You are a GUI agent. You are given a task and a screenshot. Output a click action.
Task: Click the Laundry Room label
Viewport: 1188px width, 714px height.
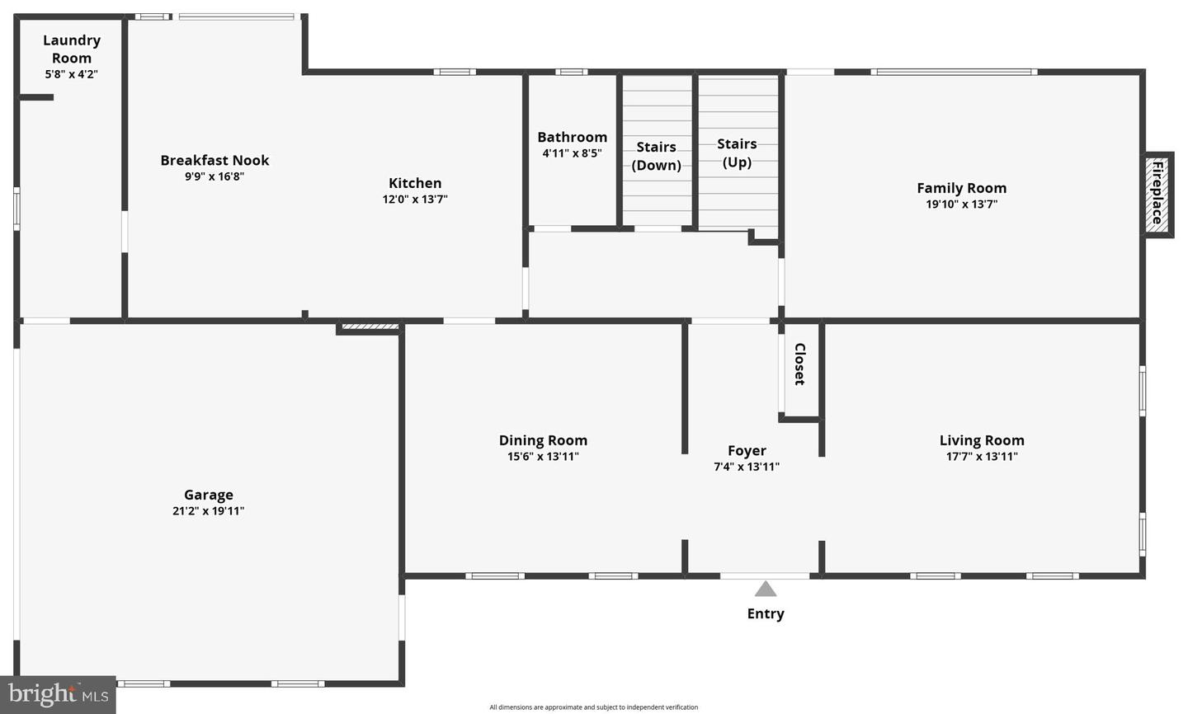pos(72,49)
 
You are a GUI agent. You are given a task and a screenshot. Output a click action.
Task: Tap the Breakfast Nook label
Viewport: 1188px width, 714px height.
pos(214,161)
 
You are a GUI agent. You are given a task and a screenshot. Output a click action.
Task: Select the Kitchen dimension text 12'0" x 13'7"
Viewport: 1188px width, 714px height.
pos(415,199)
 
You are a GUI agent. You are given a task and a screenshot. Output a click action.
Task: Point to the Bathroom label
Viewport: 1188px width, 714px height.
pos(572,137)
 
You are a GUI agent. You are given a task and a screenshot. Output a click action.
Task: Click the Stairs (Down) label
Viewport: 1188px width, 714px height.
pos(657,156)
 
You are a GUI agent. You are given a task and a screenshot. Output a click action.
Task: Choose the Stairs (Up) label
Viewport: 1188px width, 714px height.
pos(737,153)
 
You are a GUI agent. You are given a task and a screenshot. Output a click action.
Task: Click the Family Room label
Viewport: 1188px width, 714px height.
pos(961,188)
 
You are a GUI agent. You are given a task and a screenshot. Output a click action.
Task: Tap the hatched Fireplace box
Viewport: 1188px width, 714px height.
pos(1157,195)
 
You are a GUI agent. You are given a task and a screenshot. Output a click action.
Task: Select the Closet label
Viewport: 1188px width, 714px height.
pos(799,364)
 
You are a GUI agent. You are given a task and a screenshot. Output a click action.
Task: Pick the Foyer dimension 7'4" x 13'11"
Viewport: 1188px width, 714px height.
pos(747,467)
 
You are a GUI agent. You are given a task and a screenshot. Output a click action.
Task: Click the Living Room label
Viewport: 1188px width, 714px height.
pos(982,440)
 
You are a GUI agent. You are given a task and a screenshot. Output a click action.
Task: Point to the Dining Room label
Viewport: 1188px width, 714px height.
pos(543,440)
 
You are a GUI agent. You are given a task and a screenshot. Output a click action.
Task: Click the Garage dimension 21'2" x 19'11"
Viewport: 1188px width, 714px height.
pos(208,511)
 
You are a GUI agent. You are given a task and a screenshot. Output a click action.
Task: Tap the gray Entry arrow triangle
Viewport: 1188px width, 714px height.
pos(766,590)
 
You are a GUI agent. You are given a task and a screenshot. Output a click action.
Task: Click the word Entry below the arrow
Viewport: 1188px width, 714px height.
pos(766,613)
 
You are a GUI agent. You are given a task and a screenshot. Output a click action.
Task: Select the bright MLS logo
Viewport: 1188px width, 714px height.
pos(58,695)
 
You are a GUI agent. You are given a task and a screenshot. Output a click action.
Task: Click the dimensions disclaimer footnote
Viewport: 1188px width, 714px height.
pos(593,707)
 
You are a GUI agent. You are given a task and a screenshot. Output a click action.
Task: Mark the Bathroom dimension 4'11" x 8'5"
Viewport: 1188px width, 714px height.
pos(572,153)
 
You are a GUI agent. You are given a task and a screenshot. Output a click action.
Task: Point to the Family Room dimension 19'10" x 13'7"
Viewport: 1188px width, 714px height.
pos(961,204)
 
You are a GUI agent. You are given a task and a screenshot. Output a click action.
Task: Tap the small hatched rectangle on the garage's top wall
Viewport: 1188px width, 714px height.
pos(370,327)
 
